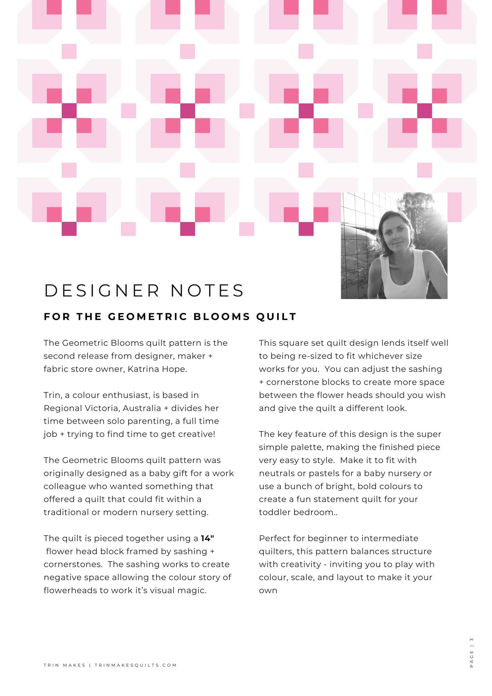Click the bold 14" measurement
(x=208, y=538)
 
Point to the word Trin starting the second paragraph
(x=52, y=395)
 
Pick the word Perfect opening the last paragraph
(x=272, y=538)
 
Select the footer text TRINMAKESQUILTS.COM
(x=136, y=665)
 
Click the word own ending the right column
(x=268, y=591)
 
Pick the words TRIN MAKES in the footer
(x=64, y=665)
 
